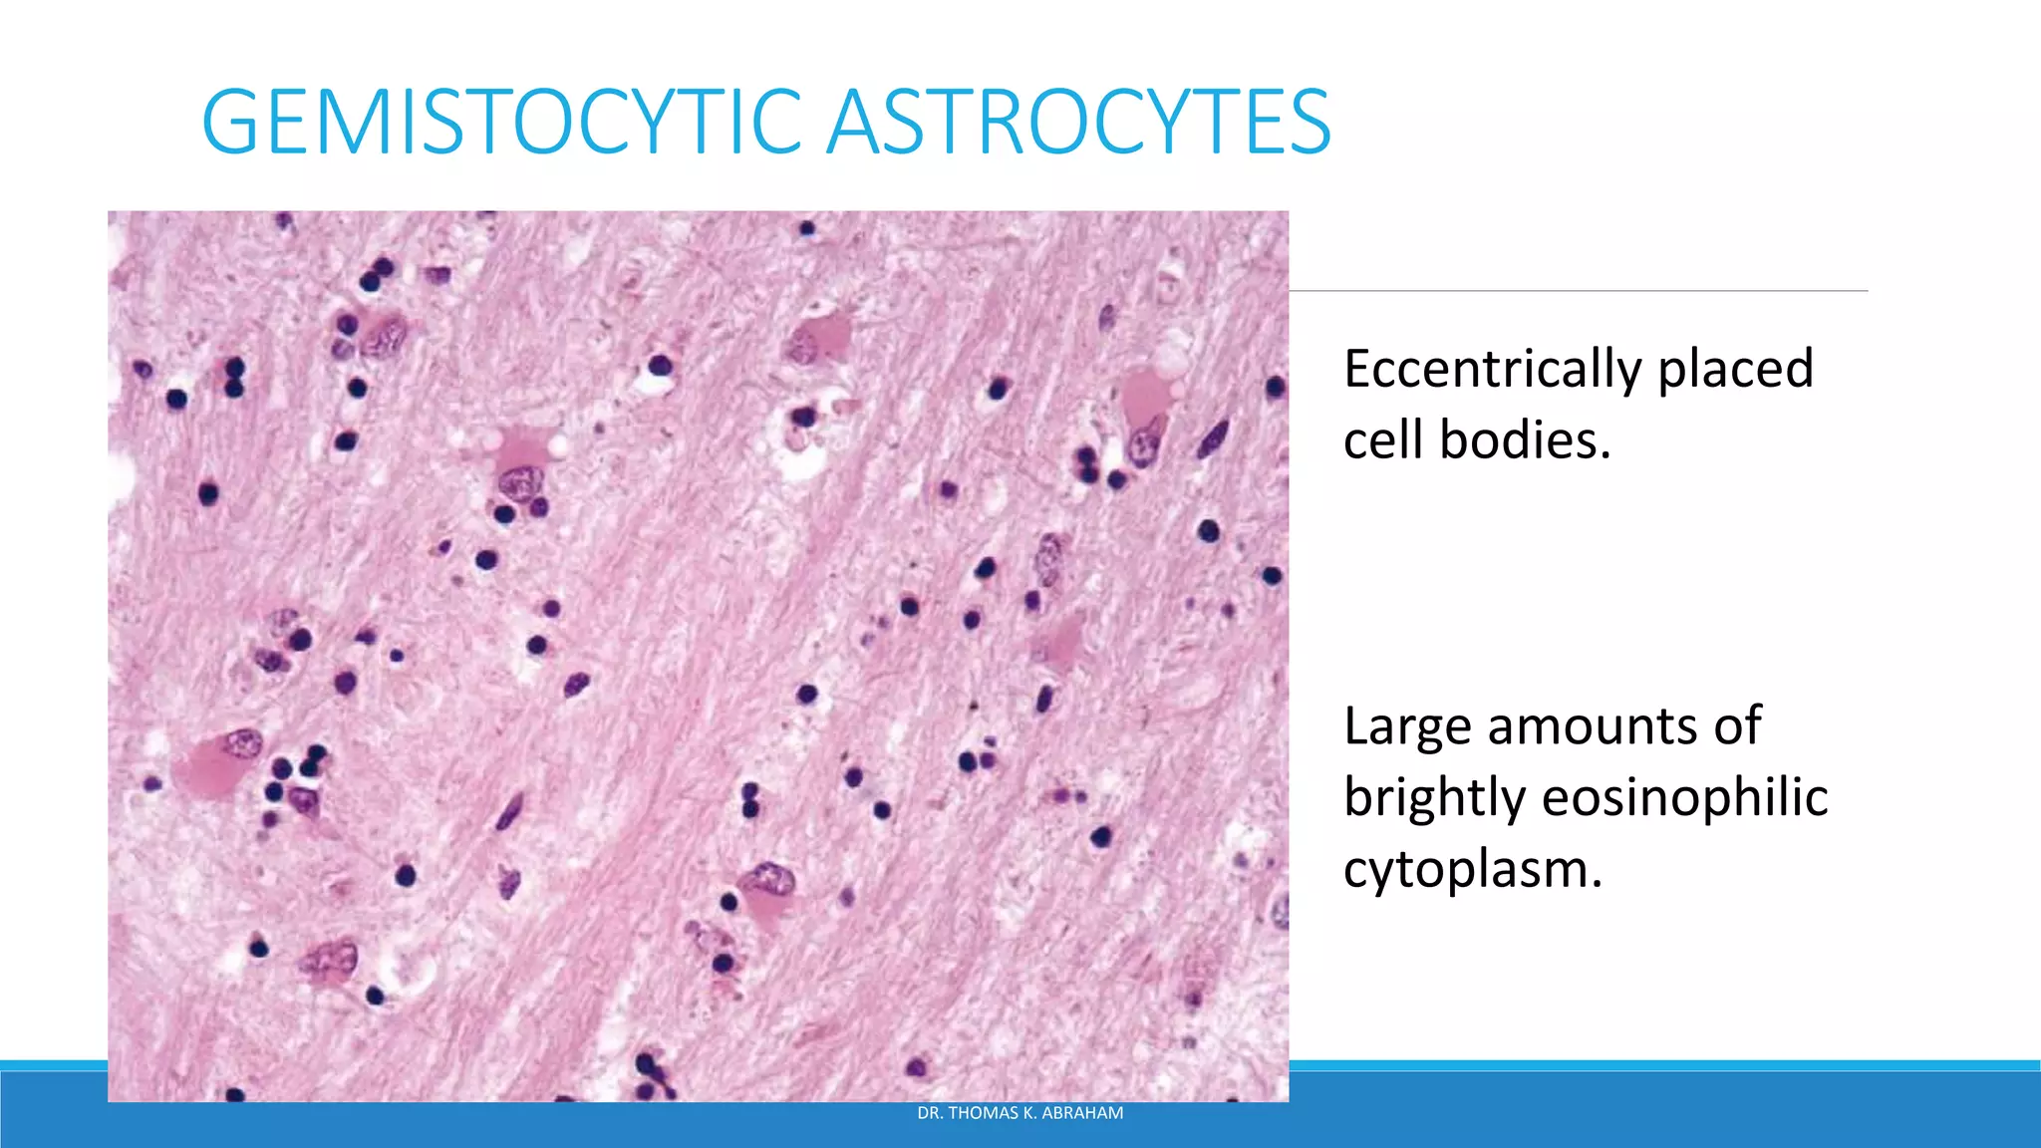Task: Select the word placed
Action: pyautogui.click(x=1735, y=370)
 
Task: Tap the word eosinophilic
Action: pyautogui.click(x=1684, y=798)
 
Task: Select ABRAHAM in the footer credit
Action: pyautogui.click(x=1083, y=1113)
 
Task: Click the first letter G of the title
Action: pyautogui.click(x=230, y=123)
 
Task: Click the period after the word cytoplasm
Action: pyautogui.click(x=1597, y=885)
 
